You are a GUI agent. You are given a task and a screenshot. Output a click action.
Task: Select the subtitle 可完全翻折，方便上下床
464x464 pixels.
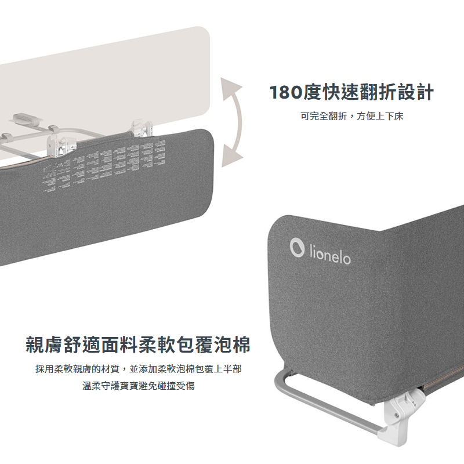tap(351, 117)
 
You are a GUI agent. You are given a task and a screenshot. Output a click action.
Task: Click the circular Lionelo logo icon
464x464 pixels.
tap(298, 248)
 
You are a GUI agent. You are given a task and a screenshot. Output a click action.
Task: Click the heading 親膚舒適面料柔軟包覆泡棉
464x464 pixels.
tap(139, 345)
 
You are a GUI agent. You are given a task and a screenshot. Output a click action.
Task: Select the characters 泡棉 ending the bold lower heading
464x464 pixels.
tap(236, 345)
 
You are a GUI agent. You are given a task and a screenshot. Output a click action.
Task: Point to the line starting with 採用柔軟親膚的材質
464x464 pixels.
tap(139, 369)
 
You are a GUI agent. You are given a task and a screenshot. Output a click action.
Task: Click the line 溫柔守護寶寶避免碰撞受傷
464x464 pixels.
tap(139, 386)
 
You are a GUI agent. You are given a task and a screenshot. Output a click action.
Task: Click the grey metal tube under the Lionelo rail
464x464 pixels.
tap(325, 406)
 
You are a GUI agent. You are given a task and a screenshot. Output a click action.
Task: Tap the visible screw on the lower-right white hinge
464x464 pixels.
tap(397, 415)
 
